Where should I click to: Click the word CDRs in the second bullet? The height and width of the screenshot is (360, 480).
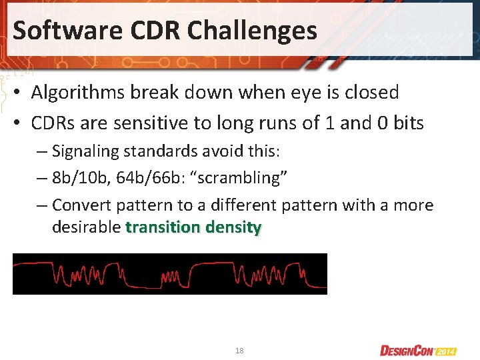coord(55,123)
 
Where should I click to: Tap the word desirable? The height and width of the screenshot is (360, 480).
coord(86,227)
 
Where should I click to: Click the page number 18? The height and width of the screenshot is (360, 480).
coord(239,350)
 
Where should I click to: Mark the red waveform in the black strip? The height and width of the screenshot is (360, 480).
coord(170,274)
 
